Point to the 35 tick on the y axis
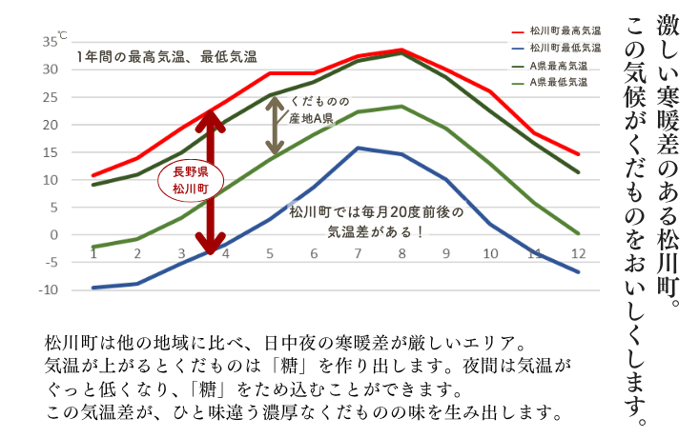point(50,42)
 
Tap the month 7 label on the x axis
point(358,254)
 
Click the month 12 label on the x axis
point(576,254)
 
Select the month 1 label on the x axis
point(93,254)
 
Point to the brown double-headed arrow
point(275,126)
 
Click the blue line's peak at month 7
point(358,148)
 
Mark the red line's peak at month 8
point(401,50)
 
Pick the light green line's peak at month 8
point(401,106)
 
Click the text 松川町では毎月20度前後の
point(375,212)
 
